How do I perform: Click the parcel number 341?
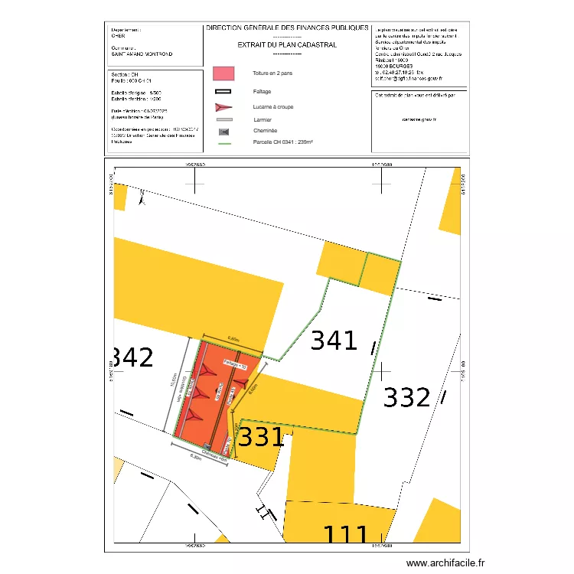point(334,341)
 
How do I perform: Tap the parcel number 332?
point(407,398)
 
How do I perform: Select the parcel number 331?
point(262,438)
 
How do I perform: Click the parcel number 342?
point(132,357)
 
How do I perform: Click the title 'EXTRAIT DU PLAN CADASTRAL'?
point(287,45)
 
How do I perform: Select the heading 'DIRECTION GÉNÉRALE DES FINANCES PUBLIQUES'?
point(287,28)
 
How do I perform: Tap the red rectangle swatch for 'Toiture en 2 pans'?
point(223,73)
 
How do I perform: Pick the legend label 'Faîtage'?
point(262,91)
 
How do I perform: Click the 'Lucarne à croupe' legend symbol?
point(223,107)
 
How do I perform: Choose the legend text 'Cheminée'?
point(265,131)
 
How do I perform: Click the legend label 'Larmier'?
point(263,120)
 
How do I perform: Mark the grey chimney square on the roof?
point(207,446)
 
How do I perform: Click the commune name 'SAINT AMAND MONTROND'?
point(142,54)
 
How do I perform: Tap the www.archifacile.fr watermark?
point(445,563)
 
